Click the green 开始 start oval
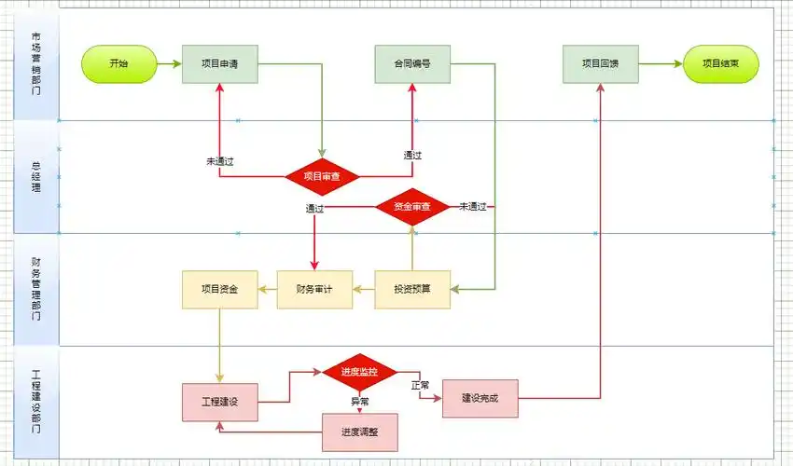(118, 64)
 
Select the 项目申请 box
(219, 64)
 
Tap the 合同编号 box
(412, 64)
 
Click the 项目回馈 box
(600, 64)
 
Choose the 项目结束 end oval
(721, 64)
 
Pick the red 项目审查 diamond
(322, 176)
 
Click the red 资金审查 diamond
(412, 206)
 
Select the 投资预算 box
(412, 289)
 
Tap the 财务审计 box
(314, 289)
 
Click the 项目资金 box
(219, 289)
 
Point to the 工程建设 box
(219, 402)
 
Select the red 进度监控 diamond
(359, 372)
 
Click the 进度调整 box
(359, 432)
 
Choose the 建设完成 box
(480, 398)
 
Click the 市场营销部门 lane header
(35, 64)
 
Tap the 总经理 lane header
(35, 176)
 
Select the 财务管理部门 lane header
(35, 289)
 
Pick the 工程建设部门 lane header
(35, 402)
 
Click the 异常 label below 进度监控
(359, 401)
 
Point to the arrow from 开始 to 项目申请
(168, 64)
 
